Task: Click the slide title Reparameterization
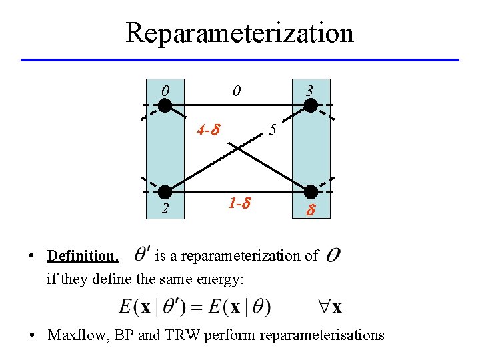(239, 32)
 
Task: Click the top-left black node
(165, 105)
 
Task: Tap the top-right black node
(311, 105)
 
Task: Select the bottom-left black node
(165, 192)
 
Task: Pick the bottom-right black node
(311, 192)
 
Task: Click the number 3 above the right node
(309, 89)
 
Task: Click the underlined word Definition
(83, 255)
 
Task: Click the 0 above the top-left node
(165, 89)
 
